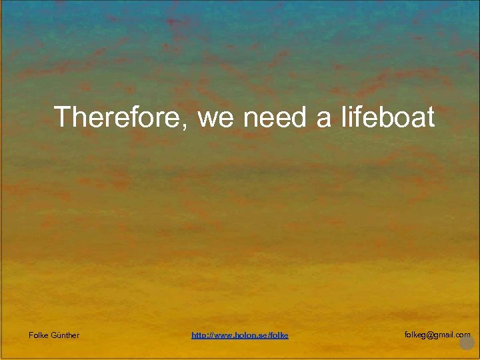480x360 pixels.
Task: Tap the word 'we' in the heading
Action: [215, 117]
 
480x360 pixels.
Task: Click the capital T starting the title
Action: [63, 117]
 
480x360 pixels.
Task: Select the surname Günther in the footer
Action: [65, 335]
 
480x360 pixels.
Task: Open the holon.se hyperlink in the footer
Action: [240, 335]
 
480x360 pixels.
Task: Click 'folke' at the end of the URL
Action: [279, 335]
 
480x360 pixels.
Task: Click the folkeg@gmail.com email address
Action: [437, 335]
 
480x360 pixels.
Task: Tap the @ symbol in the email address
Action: [431, 335]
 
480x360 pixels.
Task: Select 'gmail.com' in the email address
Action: [453, 335]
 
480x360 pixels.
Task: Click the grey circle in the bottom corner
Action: [467, 343]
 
